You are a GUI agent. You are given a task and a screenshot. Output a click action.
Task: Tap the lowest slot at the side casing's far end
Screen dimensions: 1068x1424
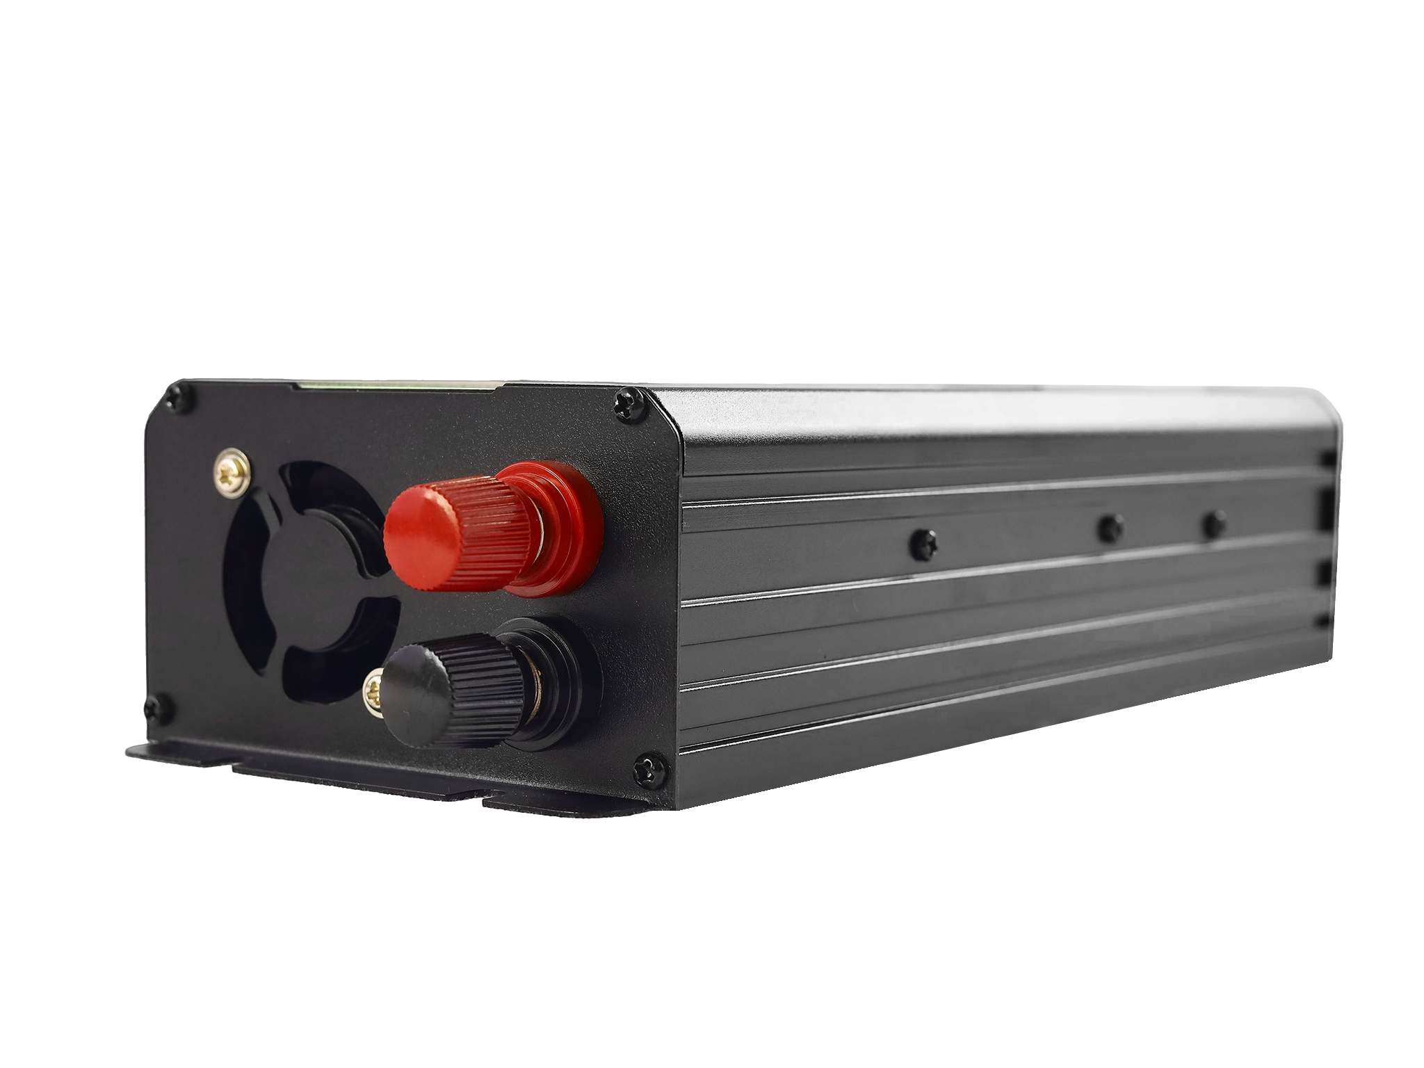(1324, 623)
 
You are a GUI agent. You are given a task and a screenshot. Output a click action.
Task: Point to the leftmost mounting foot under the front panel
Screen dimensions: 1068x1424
(174, 754)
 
